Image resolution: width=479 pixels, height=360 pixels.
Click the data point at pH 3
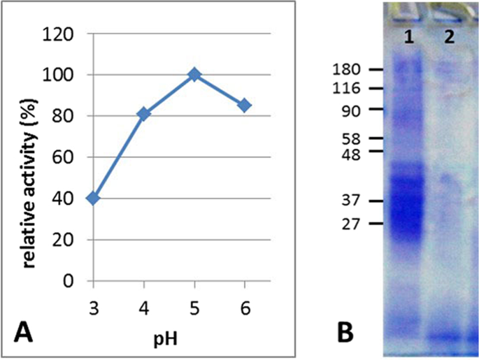click(x=93, y=199)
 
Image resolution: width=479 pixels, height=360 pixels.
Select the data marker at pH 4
click(x=143, y=114)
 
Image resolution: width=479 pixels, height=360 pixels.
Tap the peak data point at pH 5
click(x=194, y=75)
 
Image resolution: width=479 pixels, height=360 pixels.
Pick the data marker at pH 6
click(x=245, y=106)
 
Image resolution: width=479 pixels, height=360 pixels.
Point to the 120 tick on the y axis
click(x=65, y=34)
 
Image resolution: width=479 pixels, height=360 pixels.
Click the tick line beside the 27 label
click(x=376, y=224)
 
